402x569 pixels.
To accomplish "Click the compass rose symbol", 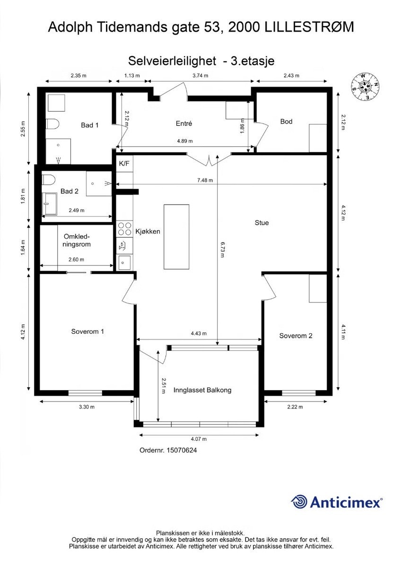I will coord(364,86).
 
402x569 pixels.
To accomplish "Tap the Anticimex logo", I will coord(336,502).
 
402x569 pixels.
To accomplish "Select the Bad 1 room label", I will coord(90,125).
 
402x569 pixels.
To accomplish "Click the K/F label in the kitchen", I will coord(123,164).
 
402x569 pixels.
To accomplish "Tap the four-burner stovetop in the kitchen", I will coord(124,229).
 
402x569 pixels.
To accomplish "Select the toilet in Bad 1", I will coord(52,124).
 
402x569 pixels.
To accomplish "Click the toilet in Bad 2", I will coord(48,180).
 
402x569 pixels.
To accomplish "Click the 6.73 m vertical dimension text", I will coord(222,249).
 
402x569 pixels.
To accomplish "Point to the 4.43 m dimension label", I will coord(199,334).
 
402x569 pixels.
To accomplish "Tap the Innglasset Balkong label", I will coord(202,391).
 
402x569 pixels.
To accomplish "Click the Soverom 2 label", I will coord(296,336).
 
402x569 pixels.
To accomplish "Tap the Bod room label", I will coord(286,122).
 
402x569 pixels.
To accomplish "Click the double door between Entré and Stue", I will coord(208,160).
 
